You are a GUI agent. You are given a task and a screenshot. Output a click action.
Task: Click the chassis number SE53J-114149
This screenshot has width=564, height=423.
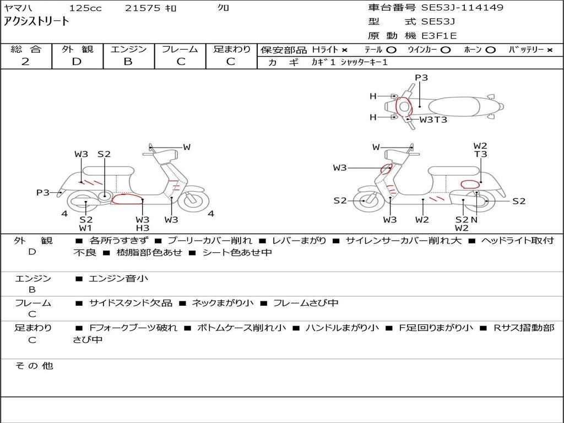pyautogui.click(x=462, y=7)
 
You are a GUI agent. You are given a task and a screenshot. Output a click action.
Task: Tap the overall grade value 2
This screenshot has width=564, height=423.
pyautogui.click(x=25, y=62)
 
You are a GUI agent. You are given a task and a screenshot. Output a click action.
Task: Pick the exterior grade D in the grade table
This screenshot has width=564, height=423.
pyautogui.click(x=77, y=62)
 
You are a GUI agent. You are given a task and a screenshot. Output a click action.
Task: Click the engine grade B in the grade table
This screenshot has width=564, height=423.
pyautogui.click(x=128, y=62)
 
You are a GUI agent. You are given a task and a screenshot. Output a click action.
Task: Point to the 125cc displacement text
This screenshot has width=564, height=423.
pyautogui.click(x=85, y=8)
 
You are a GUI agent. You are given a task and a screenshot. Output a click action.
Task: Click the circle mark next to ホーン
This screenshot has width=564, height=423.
pyautogui.click(x=490, y=50)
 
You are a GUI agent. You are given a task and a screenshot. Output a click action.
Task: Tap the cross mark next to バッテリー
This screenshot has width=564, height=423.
pyautogui.click(x=550, y=50)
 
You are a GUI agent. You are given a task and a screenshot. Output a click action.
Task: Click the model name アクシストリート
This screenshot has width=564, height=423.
pyautogui.click(x=36, y=21)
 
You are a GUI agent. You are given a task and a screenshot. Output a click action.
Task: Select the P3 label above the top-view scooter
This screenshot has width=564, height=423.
pyautogui.click(x=421, y=78)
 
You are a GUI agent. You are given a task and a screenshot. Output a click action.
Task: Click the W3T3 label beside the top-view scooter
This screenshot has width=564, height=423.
pyautogui.click(x=433, y=120)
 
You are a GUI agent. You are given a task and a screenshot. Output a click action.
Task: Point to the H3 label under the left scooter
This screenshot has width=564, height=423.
pyautogui.click(x=143, y=227)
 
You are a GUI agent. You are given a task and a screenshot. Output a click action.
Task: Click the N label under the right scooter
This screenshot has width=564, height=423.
pyautogui.click(x=474, y=219)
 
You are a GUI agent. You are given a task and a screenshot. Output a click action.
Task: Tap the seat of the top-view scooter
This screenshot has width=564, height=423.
pyautogui.click(x=454, y=107)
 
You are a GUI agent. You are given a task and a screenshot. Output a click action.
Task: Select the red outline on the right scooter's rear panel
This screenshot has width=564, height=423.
pyautogui.click(x=470, y=185)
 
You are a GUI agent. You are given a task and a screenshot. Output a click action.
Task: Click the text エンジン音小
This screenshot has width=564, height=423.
pyautogui.click(x=118, y=278)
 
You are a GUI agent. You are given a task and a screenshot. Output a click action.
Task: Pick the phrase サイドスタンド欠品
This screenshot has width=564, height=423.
pyautogui.click(x=131, y=303)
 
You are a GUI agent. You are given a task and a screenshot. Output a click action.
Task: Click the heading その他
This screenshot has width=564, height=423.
pyautogui.click(x=34, y=366)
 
